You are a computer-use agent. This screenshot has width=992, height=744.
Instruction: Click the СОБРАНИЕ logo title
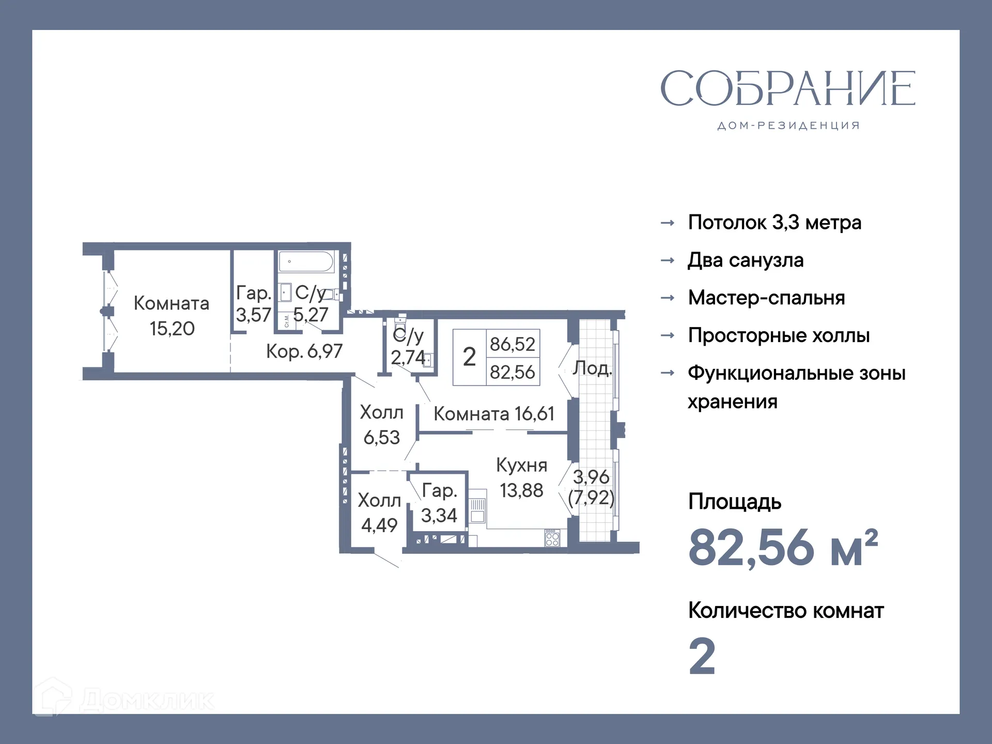tap(787, 88)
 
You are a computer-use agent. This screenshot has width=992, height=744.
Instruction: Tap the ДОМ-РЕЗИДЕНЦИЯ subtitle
tap(788, 126)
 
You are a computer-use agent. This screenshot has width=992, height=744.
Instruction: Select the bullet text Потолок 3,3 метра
tap(774, 223)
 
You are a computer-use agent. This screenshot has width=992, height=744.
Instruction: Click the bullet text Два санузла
tap(746, 260)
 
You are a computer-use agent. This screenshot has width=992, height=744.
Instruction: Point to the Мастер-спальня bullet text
tap(766, 298)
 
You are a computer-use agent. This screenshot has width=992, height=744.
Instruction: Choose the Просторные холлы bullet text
tap(779, 336)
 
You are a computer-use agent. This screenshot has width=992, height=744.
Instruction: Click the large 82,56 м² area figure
tap(783, 548)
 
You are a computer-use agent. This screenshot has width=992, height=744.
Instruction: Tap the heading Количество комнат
tap(786, 611)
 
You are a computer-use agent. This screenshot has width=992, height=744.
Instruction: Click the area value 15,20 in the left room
tap(172, 329)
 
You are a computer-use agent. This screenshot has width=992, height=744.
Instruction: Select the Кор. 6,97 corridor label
tap(304, 352)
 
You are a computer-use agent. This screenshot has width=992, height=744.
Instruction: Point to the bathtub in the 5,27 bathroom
tap(306, 261)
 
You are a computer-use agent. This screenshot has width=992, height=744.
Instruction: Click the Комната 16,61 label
tap(493, 414)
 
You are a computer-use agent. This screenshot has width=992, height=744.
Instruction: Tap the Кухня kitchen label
tap(521, 466)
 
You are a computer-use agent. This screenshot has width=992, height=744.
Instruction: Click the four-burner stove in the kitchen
tap(552, 538)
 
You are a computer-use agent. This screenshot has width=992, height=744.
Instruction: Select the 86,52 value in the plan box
tap(513, 344)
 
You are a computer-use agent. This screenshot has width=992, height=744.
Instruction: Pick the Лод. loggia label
tap(592, 368)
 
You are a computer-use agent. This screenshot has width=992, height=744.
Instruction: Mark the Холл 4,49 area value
tap(379, 525)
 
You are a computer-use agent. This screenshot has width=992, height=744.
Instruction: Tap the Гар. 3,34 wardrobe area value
tap(439, 516)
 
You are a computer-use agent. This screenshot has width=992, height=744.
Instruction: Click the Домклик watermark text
tap(147, 701)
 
